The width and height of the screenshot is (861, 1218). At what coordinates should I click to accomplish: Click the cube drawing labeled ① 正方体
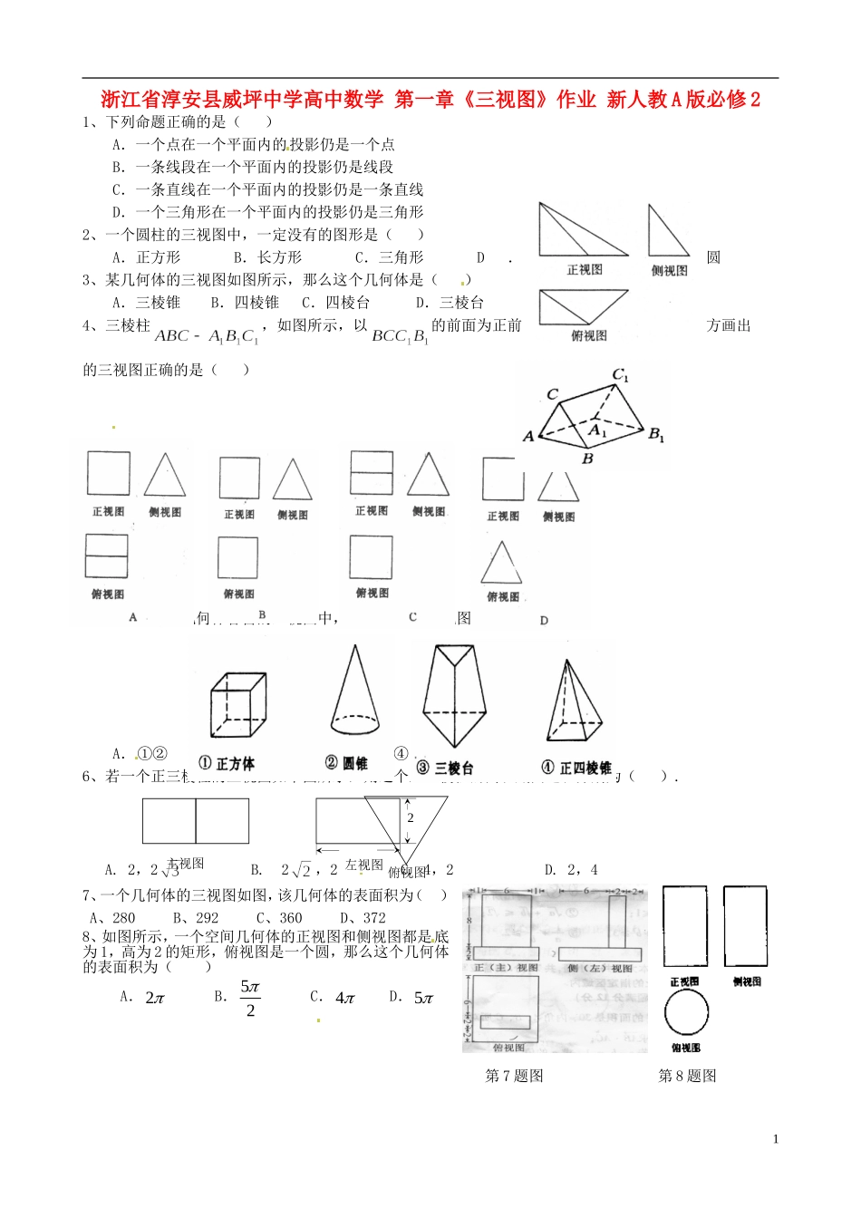(237, 707)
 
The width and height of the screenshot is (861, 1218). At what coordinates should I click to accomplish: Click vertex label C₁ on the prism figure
(621, 375)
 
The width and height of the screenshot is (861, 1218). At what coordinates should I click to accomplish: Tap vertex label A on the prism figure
(528, 437)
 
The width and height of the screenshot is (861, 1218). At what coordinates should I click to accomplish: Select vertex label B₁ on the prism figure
(656, 435)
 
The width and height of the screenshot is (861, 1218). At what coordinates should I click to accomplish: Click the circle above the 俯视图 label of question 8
(687, 1012)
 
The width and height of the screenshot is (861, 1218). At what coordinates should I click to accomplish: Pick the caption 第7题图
(514, 1076)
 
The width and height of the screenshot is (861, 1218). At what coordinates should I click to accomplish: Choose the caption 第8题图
(687, 1076)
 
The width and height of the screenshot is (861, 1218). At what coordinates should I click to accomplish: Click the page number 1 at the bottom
(776, 1139)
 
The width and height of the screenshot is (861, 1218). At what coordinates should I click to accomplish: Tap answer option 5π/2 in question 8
(250, 998)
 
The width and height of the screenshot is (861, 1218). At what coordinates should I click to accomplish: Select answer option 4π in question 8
(344, 998)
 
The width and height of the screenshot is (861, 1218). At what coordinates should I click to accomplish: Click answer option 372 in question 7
(373, 917)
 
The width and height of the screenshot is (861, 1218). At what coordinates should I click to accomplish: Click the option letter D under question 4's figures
(544, 621)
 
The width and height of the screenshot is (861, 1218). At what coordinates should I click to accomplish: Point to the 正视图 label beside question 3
(585, 269)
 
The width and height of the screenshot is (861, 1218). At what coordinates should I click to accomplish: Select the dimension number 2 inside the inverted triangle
(410, 817)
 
